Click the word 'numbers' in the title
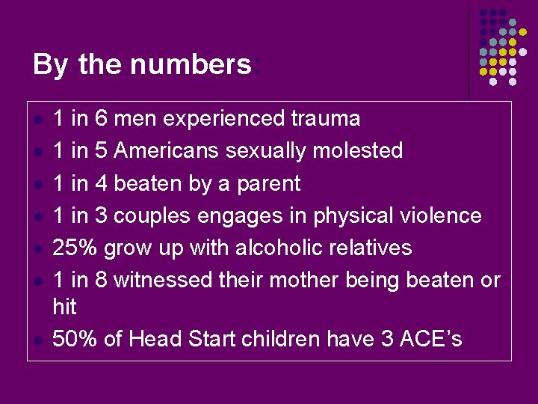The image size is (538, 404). (x=191, y=65)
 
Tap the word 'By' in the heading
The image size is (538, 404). (x=51, y=65)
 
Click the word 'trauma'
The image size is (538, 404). (x=326, y=118)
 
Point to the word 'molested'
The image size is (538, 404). (x=357, y=150)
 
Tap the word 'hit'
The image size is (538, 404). (x=64, y=307)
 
